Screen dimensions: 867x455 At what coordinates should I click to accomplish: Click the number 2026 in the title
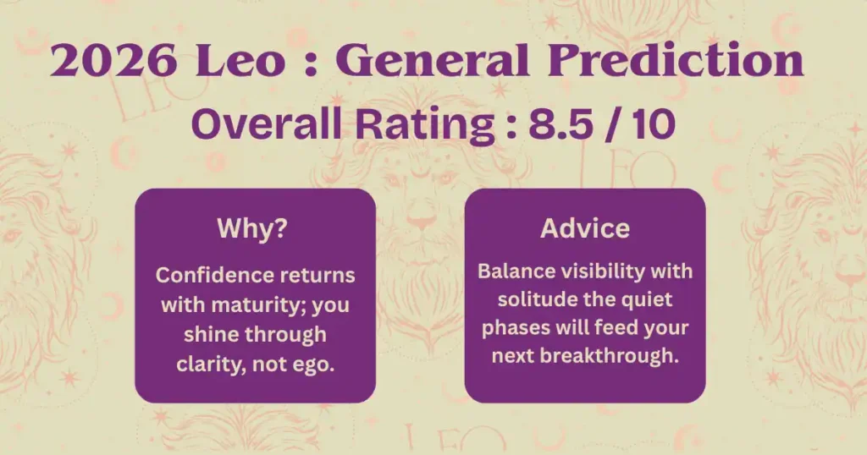[x=114, y=60]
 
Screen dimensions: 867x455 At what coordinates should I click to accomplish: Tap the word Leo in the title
[x=240, y=60]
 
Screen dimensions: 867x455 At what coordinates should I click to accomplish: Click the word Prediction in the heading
[x=675, y=60]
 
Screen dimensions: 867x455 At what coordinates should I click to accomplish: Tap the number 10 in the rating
[x=654, y=124]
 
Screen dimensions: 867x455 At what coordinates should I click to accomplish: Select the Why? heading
[x=252, y=228]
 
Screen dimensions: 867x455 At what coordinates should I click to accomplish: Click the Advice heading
[x=585, y=228]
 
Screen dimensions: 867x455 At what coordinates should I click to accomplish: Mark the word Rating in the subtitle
[x=425, y=125]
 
